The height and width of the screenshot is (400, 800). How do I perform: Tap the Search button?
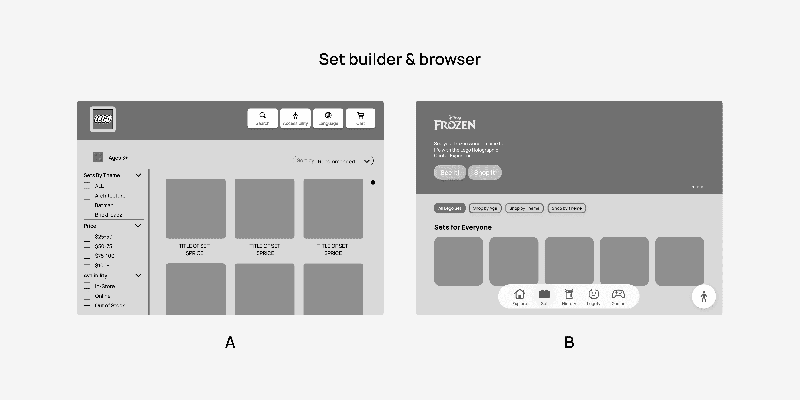pyautogui.click(x=262, y=118)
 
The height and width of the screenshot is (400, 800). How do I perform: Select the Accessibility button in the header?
pyautogui.click(x=295, y=118)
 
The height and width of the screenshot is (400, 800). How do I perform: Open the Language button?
pyautogui.click(x=328, y=118)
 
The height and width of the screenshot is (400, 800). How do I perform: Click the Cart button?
pyautogui.click(x=361, y=118)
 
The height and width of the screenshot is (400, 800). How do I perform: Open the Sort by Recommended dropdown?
pyautogui.click(x=333, y=161)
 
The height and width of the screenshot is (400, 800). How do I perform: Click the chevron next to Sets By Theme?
pyautogui.click(x=138, y=175)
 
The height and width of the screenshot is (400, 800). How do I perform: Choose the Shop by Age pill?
pyautogui.click(x=485, y=208)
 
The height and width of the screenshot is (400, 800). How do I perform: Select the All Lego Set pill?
pyautogui.click(x=450, y=208)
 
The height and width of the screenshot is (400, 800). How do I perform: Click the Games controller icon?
pyautogui.click(x=618, y=294)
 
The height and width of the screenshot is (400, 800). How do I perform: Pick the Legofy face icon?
pyautogui.click(x=593, y=294)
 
